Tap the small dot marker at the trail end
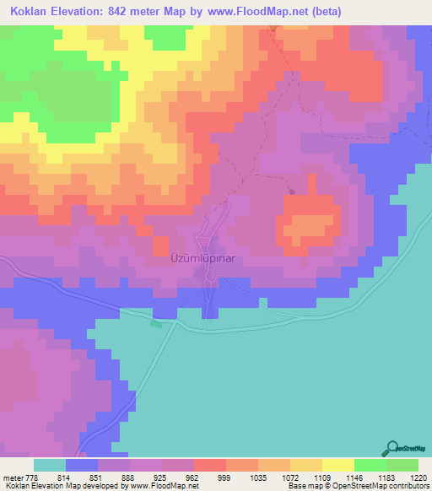tap(292, 192)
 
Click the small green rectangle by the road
tap(155, 323)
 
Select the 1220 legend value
tap(419, 477)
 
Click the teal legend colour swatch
tap(50, 465)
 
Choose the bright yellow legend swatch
tap(338, 465)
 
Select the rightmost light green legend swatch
tap(402, 465)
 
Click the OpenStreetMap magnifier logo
tap(392, 448)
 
